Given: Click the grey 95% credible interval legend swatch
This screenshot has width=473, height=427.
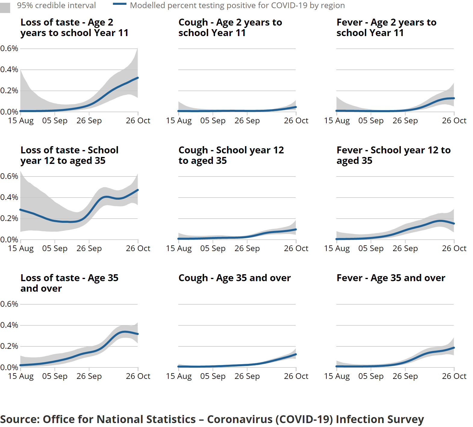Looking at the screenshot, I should (5, 7).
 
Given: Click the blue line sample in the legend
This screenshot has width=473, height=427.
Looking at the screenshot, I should (120, 4).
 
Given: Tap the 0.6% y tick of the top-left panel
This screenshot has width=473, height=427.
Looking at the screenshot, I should (9, 48).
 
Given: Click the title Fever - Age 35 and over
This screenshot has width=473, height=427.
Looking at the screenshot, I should (391, 278).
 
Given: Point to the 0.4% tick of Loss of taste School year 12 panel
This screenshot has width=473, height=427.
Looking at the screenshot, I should (9, 197).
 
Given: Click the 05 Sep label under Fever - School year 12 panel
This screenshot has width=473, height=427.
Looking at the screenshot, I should (371, 248).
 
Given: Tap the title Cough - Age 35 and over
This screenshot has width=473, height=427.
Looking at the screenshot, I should (234, 278).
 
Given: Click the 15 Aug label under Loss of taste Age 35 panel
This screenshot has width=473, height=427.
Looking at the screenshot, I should (20, 376).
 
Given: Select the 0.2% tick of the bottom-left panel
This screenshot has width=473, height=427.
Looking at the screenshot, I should (9, 346).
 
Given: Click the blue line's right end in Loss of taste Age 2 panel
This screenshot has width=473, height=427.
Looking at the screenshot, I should (138, 78).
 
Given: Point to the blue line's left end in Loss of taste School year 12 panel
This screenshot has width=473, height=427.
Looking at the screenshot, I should (21, 210).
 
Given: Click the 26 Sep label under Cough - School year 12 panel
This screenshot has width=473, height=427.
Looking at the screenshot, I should (247, 248).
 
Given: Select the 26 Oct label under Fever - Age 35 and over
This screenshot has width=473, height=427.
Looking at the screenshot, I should (454, 376).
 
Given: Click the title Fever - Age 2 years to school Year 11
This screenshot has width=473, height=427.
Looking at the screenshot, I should (386, 27).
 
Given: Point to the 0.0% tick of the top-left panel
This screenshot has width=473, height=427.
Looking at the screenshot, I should (9, 112).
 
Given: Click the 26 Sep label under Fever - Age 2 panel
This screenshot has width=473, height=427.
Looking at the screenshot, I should (405, 121).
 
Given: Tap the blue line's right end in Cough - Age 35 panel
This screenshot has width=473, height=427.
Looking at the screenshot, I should (296, 355).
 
